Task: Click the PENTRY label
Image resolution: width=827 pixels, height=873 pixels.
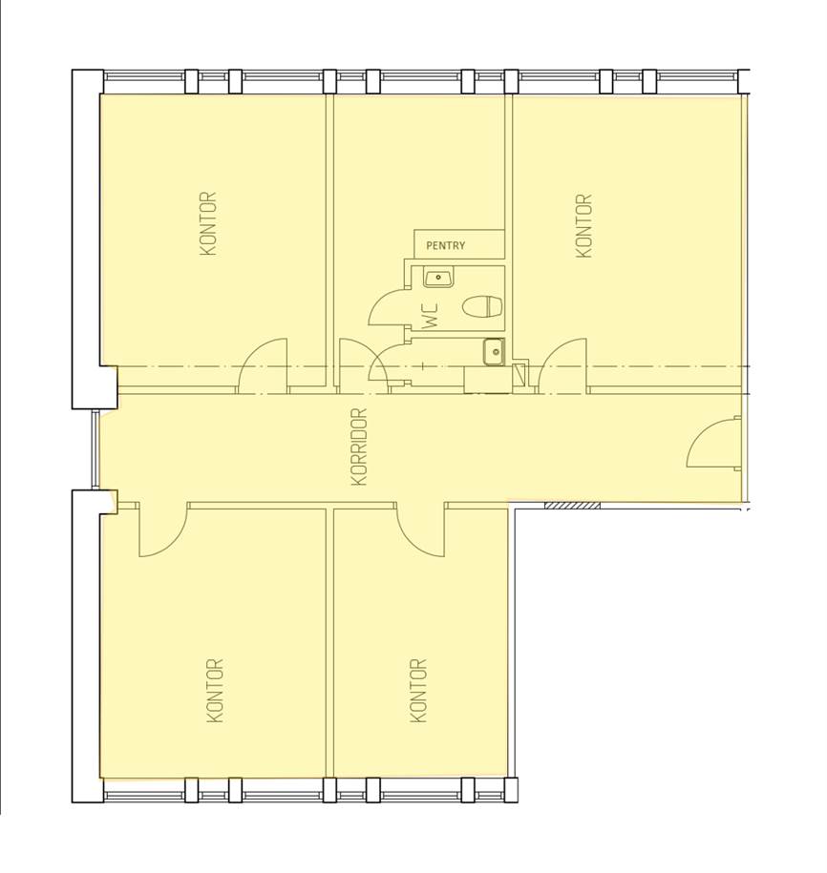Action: [x=445, y=245]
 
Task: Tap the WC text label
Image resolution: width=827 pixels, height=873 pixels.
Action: [x=431, y=316]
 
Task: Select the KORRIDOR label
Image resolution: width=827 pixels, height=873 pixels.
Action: [x=360, y=447]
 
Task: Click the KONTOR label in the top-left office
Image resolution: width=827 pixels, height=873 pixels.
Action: [x=208, y=224]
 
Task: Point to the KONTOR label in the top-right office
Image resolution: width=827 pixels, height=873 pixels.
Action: [x=583, y=226]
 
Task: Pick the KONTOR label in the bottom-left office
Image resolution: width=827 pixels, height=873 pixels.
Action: [x=215, y=691]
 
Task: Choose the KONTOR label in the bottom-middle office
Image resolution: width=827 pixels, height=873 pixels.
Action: [x=418, y=691]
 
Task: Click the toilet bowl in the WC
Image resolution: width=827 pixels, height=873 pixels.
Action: [x=483, y=307]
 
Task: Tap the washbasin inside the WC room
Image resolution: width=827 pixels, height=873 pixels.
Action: [x=438, y=277]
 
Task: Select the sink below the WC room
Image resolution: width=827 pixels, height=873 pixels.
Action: [x=494, y=352]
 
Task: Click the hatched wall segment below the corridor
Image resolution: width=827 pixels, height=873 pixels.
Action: [x=572, y=506]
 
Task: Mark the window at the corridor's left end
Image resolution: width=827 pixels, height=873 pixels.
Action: [x=95, y=449]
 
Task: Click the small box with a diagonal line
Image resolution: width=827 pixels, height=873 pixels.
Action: [x=520, y=374]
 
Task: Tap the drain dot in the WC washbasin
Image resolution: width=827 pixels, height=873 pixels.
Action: [x=439, y=277]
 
